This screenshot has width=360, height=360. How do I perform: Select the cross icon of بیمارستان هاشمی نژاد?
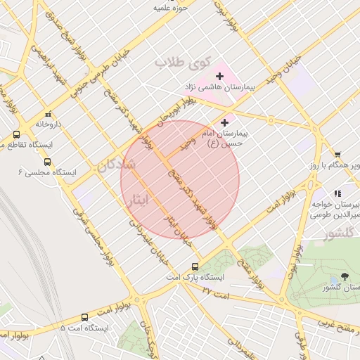219,75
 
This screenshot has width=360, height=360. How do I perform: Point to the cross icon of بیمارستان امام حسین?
224,122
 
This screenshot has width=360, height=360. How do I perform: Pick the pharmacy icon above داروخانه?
48,113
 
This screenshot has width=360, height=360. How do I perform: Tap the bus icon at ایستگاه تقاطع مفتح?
16,134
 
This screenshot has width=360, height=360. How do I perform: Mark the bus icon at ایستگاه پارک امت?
195,266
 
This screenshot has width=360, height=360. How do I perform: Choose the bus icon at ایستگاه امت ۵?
84,317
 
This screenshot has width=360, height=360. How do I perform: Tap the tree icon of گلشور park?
344,276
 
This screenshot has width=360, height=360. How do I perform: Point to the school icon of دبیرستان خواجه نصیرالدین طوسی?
338,193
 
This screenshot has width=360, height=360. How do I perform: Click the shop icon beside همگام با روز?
337,154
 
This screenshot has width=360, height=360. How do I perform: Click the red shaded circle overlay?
180,180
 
